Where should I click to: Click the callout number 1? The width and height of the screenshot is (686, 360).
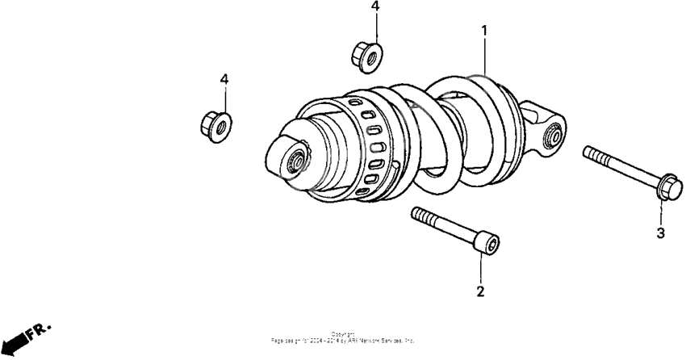coord(484,31)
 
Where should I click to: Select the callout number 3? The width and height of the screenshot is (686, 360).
coord(660,233)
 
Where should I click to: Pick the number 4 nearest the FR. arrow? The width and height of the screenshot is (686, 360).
coord(224,79)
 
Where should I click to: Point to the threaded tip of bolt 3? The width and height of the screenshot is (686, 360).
coord(588,153)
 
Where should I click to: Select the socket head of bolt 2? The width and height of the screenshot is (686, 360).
coord(487,243)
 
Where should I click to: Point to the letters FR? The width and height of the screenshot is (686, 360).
coord(39,330)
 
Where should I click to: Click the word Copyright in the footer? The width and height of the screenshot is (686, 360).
coord(343,333)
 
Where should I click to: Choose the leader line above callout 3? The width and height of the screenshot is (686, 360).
coord(660,214)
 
